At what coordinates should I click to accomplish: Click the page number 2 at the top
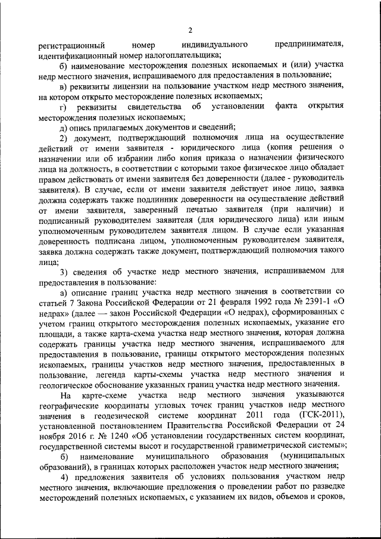190,30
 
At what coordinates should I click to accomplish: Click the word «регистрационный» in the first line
72,45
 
